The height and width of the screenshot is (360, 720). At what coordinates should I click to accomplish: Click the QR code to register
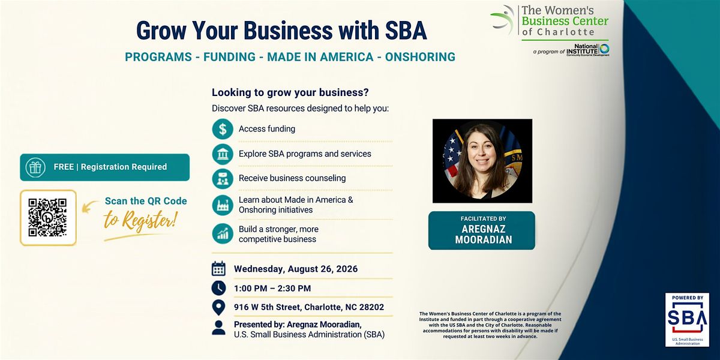click(x=47, y=218)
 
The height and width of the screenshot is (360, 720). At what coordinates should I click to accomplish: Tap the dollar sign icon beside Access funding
click(x=223, y=129)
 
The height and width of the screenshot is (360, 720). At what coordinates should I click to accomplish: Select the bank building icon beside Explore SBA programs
click(x=223, y=154)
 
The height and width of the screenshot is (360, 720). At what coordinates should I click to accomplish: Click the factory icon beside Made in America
click(x=223, y=205)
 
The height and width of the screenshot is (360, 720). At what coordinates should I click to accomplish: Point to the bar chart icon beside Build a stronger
click(x=223, y=233)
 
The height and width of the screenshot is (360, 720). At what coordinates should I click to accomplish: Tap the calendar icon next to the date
click(x=218, y=269)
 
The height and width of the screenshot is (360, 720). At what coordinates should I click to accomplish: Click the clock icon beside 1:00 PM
click(x=218, y=288)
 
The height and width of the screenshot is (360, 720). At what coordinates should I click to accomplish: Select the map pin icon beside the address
click(x=218, y=307)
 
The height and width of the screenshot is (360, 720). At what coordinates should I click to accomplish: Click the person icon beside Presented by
click(x=218, y=328)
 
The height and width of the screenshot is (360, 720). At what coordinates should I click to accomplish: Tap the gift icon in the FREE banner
click(x=35, y=167)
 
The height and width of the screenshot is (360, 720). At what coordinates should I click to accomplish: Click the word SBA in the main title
click(x=406, y=31)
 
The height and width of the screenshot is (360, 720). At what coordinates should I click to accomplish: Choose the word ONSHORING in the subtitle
click(x=420, y=57)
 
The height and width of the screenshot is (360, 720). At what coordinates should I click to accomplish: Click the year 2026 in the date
click(x=347, y=269)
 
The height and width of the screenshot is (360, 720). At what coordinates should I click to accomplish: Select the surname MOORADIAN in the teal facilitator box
click(x=484, y=240)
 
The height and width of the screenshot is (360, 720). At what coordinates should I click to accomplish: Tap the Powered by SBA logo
click(x=687, y=319)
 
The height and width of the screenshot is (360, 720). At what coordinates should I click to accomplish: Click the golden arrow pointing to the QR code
click(x=90, y=206)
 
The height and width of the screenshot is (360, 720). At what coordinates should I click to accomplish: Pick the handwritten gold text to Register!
click(x=140, y=221)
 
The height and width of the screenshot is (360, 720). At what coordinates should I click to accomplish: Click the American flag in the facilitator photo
click(x=451, y=154)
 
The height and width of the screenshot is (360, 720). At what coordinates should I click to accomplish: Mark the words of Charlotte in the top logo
click(x=558, y=32)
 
